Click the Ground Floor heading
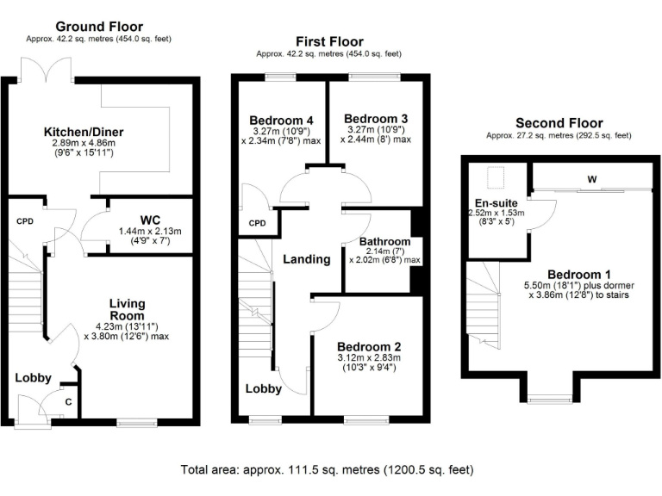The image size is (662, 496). coord(100,27)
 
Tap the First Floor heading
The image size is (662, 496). coord(328,41)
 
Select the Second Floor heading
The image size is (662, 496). coord(559,123)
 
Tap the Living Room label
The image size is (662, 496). coord(127,309)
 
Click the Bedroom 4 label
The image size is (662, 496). coord(280,120)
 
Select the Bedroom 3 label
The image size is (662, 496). coord(375,118)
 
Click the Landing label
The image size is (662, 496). coord(307,259)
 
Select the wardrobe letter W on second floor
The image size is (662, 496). coord(592,179)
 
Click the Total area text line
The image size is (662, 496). coord(327,470)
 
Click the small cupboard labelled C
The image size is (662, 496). coord(69,400)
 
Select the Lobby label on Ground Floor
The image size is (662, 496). coord(34,377)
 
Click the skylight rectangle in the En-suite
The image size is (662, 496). coord(496,177)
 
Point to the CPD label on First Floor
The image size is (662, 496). coord(257,223)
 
